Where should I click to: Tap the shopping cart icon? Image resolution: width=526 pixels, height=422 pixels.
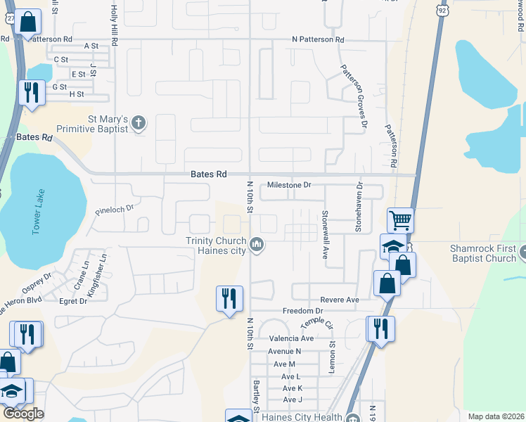400,220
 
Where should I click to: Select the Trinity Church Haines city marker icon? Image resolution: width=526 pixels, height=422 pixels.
257,244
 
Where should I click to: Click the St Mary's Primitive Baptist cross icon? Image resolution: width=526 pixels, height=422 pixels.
139,123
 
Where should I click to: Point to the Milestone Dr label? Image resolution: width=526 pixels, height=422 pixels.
288,186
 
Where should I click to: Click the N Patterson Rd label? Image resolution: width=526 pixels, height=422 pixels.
319,40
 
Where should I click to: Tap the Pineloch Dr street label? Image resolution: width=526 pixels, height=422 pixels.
114,209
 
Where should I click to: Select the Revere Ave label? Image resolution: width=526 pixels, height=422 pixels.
340,300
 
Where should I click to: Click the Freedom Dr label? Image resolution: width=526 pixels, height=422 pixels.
302,311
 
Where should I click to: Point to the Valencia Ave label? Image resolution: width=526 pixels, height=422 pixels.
290,338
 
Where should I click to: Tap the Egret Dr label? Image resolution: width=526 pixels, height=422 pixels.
73,301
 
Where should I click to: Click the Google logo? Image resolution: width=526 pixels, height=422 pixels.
23,414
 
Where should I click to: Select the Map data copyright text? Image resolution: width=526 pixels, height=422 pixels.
495,416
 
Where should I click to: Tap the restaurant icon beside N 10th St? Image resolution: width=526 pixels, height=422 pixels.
229,299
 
